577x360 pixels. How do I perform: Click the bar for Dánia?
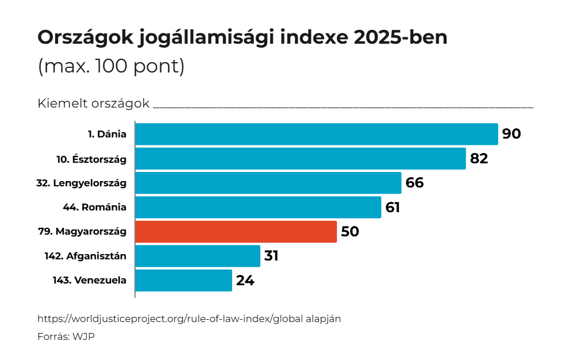pos(316,134)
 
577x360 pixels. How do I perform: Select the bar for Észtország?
pos(300,159)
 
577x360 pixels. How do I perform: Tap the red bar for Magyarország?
pos(236,232)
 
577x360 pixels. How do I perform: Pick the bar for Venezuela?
pos(183,281)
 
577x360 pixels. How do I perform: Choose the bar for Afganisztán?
pos(198,256)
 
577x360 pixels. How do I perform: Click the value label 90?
pos(511,134)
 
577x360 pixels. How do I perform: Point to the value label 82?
pos(479,159)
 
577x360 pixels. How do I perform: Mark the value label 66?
pos(414,183)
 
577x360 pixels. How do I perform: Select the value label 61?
pos(393,208)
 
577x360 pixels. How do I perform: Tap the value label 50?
pos(350,232)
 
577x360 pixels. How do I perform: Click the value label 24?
pos(245,281)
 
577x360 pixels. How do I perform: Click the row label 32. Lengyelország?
pos(81,183)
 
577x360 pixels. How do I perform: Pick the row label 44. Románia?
pos(94,208)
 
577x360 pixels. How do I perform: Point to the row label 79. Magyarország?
pos(82,232)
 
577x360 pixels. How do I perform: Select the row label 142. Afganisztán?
pos(86,256)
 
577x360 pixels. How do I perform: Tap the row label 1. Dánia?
pos(107,134)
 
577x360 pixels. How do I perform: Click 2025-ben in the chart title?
pos(401,38)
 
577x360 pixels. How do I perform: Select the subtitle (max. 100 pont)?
pos(111,66)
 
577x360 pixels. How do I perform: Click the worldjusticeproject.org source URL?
pos(189,319)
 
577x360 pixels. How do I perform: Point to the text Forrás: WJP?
pos(66,336)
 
